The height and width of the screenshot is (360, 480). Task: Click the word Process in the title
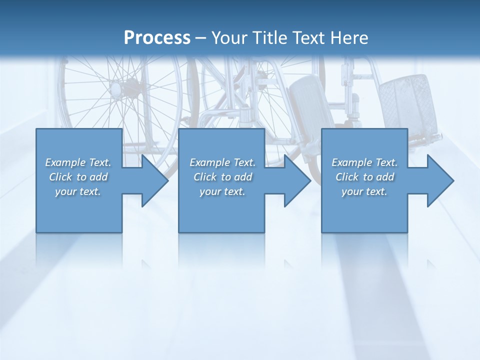[157, 38]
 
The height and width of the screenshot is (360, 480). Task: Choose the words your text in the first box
[78, 191]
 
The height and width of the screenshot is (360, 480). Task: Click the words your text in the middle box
[222, 191]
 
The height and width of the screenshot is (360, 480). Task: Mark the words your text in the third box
[364, 191]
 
